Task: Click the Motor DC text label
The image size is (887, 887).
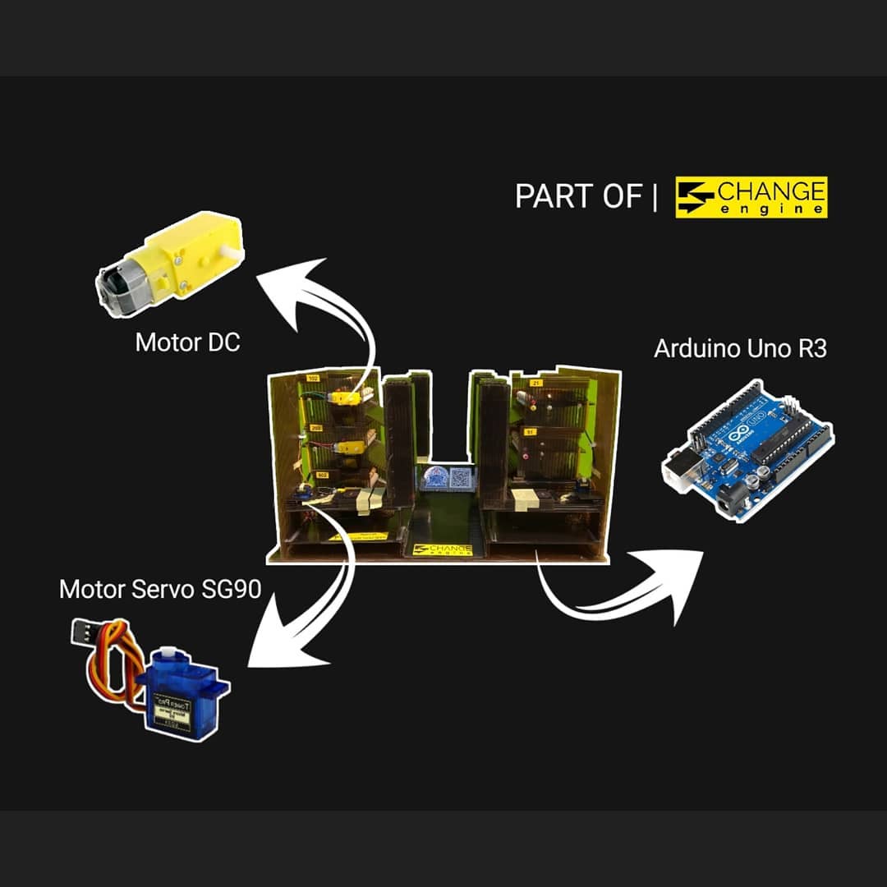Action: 187,342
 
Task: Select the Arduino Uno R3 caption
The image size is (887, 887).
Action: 740,348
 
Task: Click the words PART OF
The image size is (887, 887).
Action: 577,196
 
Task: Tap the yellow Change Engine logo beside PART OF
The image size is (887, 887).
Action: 751,198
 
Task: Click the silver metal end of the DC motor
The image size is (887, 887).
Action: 113,289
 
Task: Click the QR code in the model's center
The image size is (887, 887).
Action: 462,478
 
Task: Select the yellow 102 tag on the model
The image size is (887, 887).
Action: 313,378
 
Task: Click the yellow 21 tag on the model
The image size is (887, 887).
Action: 536,383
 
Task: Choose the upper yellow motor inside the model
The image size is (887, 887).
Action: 344,398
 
